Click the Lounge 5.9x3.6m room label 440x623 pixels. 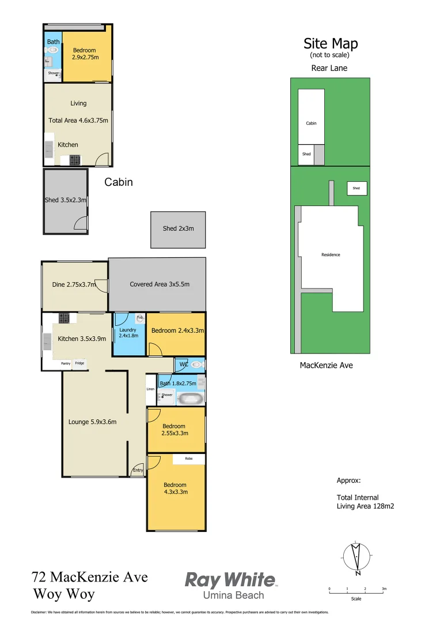92,422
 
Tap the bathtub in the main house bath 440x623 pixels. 189,398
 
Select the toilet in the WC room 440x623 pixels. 197,365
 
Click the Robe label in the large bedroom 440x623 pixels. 188,459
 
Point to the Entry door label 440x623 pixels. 138,471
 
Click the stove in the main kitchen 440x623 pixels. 64,318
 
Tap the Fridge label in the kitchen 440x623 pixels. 79,363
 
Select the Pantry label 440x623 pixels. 66,363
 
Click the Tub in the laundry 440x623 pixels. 139,317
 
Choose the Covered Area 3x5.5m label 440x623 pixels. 159,284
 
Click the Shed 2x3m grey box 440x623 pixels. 178,229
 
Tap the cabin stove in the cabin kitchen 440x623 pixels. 75,160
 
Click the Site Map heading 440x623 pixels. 331,43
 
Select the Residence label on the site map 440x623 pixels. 331,255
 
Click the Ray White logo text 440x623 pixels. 230,579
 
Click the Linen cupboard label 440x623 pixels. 150,389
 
